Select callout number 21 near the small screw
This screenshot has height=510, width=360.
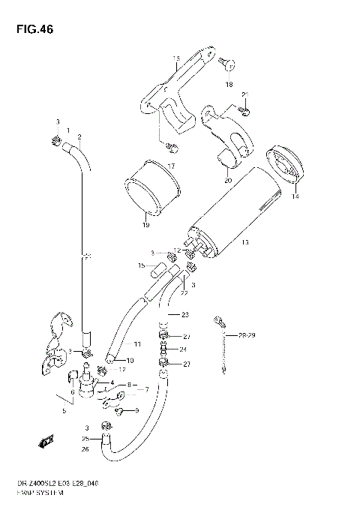245,94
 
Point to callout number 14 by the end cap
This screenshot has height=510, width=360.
295,197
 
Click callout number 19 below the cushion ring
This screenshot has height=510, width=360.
145,224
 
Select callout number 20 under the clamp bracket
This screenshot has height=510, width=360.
227,180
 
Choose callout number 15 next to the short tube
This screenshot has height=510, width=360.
141,265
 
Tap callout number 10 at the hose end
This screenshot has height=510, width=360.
130,361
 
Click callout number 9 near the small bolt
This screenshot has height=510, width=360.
136,410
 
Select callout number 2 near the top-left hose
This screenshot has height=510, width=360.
79,136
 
